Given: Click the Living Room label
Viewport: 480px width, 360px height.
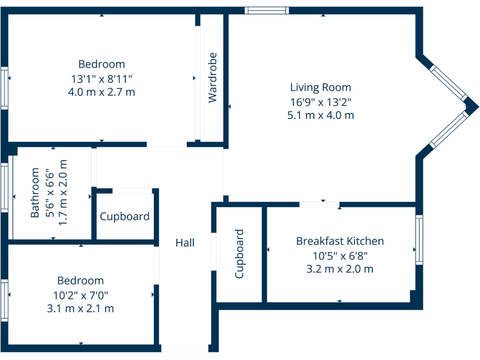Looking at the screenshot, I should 320,87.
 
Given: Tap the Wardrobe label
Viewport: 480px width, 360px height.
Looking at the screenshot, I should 213,77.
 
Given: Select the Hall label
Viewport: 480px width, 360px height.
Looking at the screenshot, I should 185,243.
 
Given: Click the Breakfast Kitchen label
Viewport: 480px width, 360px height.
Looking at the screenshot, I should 340,241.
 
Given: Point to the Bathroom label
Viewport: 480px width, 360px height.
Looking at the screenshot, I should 35,193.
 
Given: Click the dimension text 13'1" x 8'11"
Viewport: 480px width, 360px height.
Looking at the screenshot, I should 102,78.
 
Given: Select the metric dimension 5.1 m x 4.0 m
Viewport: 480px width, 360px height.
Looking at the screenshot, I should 320,115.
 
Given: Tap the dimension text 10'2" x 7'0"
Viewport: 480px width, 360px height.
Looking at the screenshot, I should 81,295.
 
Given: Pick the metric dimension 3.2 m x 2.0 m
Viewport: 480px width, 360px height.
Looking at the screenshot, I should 340,269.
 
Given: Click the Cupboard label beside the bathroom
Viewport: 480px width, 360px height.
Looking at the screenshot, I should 125,217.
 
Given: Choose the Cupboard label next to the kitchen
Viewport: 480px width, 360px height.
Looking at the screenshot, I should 240,254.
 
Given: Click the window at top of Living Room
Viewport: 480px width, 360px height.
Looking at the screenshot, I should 267,10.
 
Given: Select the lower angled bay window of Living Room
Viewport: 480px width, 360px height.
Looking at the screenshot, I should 449,128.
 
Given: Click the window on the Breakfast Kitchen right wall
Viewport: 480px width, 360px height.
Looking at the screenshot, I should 419,240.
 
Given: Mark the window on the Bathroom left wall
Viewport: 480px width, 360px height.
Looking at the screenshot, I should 5,187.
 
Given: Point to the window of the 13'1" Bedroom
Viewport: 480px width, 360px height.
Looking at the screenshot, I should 4,88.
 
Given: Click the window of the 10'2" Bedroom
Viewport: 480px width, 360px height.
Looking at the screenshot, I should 4,300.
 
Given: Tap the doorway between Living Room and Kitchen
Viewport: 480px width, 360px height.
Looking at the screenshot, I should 319,204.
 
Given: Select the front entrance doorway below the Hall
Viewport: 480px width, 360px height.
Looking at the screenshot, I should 185,349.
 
